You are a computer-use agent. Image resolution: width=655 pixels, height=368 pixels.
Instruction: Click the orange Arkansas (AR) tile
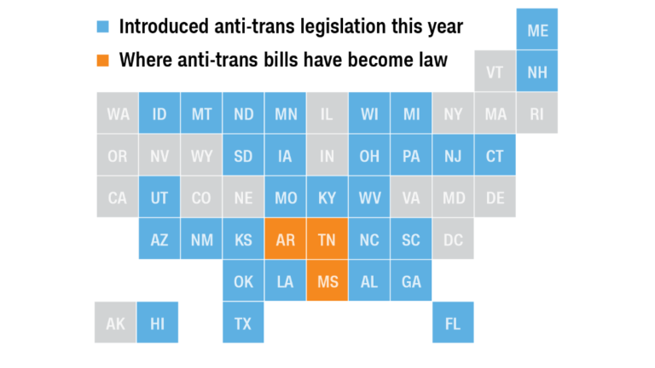[286, 240]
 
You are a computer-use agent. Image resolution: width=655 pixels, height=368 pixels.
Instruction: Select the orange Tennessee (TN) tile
[327, 240]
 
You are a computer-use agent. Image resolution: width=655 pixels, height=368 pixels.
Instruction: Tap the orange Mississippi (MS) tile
[327, 282]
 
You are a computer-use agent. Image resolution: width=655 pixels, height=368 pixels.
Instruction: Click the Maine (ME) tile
[537, 31]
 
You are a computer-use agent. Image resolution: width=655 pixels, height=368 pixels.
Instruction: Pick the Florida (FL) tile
[453, 324]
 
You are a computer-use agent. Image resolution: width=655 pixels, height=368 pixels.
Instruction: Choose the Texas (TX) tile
[243, 324]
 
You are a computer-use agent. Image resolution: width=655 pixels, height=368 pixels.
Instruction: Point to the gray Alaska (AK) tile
[116, 324]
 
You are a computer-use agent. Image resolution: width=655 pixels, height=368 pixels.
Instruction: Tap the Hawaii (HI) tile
[159, 324]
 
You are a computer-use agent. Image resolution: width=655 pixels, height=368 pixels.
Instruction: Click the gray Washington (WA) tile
[118, 114]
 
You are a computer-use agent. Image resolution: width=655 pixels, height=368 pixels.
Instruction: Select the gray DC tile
[453, 240]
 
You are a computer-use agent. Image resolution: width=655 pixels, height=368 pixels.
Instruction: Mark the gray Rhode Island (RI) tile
[537, 114]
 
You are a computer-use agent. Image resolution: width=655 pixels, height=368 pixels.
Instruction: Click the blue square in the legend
[102, 27]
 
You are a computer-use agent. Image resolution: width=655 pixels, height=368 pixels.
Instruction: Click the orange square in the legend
[102, 60]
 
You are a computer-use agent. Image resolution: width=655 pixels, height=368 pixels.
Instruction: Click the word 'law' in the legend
[432, 60]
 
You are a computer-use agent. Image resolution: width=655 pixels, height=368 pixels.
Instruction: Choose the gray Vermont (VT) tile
[495, 72]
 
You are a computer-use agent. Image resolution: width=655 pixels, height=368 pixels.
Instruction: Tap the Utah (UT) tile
[159, 198]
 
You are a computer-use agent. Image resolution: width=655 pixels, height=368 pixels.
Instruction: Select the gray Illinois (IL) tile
[327, 114]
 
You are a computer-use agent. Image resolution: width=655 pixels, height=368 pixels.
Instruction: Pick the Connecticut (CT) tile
[495, 156]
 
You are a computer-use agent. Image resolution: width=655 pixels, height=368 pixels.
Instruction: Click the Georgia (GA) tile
[411, 282]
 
